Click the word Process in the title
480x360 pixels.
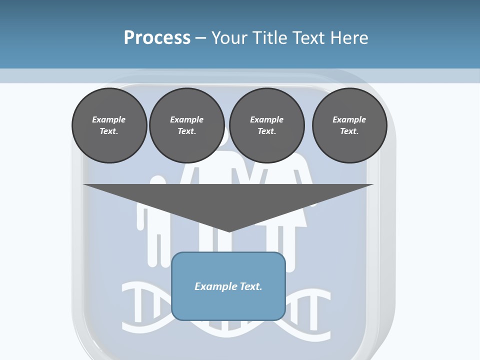(x=157, y=38)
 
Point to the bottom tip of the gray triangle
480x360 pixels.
(x=229, y=231)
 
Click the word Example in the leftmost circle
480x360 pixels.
(x=109, y=119)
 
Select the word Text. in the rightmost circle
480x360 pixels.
(x=349, y=131)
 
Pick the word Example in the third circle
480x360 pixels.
(x=266, y=119)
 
